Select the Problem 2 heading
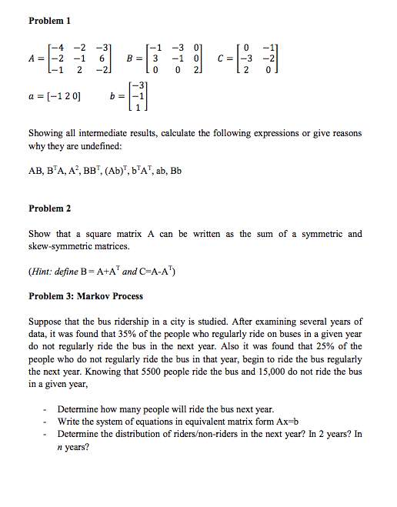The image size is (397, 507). [x=50, y=208]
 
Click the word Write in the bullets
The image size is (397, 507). [x=71, y=421]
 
